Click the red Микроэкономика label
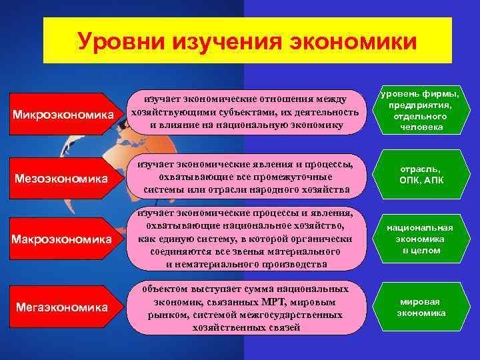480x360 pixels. [x=64, y=115]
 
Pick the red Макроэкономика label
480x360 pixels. [x=64, y=238]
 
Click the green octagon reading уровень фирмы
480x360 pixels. [x=421, y=110]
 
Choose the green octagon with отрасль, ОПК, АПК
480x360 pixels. [x=421, y=175]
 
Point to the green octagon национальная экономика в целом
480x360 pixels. [x=421, y=239]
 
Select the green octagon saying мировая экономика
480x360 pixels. [x=421, y=307]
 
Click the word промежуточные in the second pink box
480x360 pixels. [x=295, y=177]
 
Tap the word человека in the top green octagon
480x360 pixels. [x=421, y=127]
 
